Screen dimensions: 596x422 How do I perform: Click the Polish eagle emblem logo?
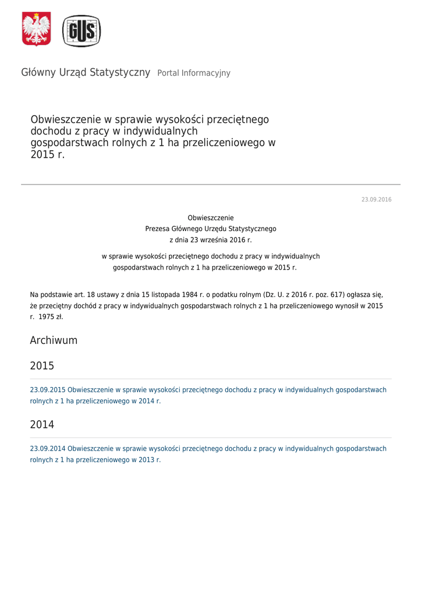click(36, 29)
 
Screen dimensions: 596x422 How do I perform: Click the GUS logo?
click(81, 31)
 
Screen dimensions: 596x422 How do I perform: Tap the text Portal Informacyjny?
click(194, 73)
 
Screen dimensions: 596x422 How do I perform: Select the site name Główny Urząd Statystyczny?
click(86, 73)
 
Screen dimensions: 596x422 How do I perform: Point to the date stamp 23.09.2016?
click(376, 200)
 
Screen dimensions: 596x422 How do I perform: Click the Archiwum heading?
click(54, 340)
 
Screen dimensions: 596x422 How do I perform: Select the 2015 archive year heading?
click(42, 366)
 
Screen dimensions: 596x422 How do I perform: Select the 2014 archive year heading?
click(42, 425)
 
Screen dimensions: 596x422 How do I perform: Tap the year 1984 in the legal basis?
click(187, 295)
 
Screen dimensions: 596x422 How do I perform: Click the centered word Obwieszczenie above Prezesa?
click(211, 218)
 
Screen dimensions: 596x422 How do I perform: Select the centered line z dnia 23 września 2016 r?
click(211, 240)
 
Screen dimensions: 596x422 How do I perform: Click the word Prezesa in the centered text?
click(158, 229)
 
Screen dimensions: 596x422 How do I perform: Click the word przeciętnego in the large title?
click(240, 120)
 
